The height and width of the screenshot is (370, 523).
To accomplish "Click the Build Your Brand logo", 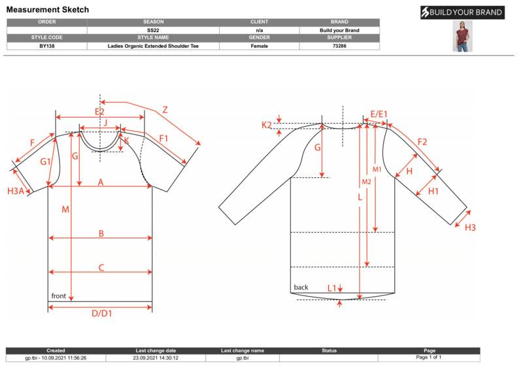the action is tap(462, 12).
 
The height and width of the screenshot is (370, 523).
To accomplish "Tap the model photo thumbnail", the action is tap(462, 36).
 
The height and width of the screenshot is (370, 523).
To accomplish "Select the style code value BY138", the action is tap(46, 46).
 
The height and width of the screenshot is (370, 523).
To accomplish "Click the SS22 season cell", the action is tap(153, 30).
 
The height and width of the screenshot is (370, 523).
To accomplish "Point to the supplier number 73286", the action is tap(339, 46).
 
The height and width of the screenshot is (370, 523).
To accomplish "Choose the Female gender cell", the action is tap(259, 46).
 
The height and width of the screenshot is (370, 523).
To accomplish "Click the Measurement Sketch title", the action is tap(48, 10).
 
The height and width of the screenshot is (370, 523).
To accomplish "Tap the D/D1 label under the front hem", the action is tap(102, 313).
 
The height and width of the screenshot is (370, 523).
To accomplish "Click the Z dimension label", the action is tap(165, 110).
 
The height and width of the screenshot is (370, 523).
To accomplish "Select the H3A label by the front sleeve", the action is tap(16, 191).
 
